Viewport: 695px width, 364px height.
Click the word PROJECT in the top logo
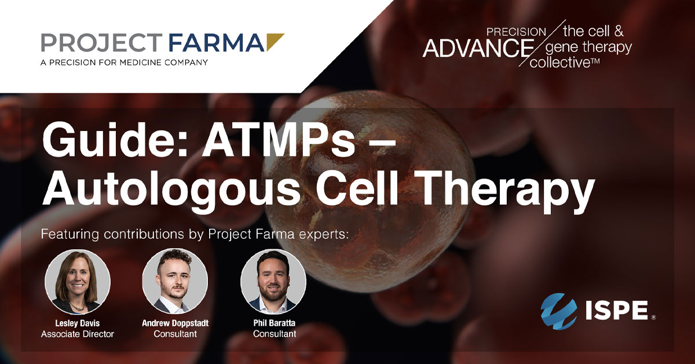point(102,42)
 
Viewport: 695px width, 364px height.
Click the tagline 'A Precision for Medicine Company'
point(124,63)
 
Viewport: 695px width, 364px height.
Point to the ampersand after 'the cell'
point(619,31)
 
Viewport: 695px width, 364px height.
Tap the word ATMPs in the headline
point(279,140)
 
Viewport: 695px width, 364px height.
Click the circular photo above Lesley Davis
point(78,282)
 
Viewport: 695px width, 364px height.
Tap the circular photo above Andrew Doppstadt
point(175,281)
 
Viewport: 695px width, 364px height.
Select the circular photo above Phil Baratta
point(273,281)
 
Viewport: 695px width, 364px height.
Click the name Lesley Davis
point(78,323)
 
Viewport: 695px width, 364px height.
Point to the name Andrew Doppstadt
point(175,323)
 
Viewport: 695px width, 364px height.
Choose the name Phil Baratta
point(275,323)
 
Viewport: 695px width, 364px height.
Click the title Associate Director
point(78,334)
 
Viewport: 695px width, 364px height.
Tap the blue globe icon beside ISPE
point(558,311)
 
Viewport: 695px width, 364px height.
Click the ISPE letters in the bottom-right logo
point(617,310)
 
